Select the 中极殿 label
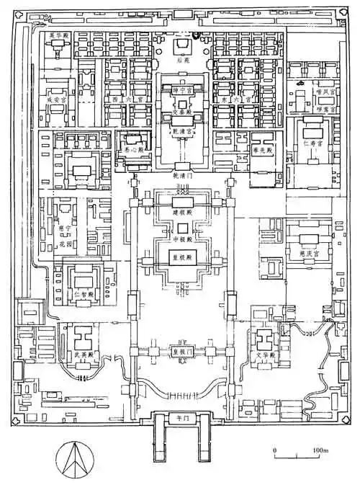pyautogui.click(x=181, y=239)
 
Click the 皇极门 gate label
pyautogui.click(x=181, y=352)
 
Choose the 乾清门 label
pyautogui.click(x=181, y=175)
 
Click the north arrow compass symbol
pyautogui.click(x=75, y=458)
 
